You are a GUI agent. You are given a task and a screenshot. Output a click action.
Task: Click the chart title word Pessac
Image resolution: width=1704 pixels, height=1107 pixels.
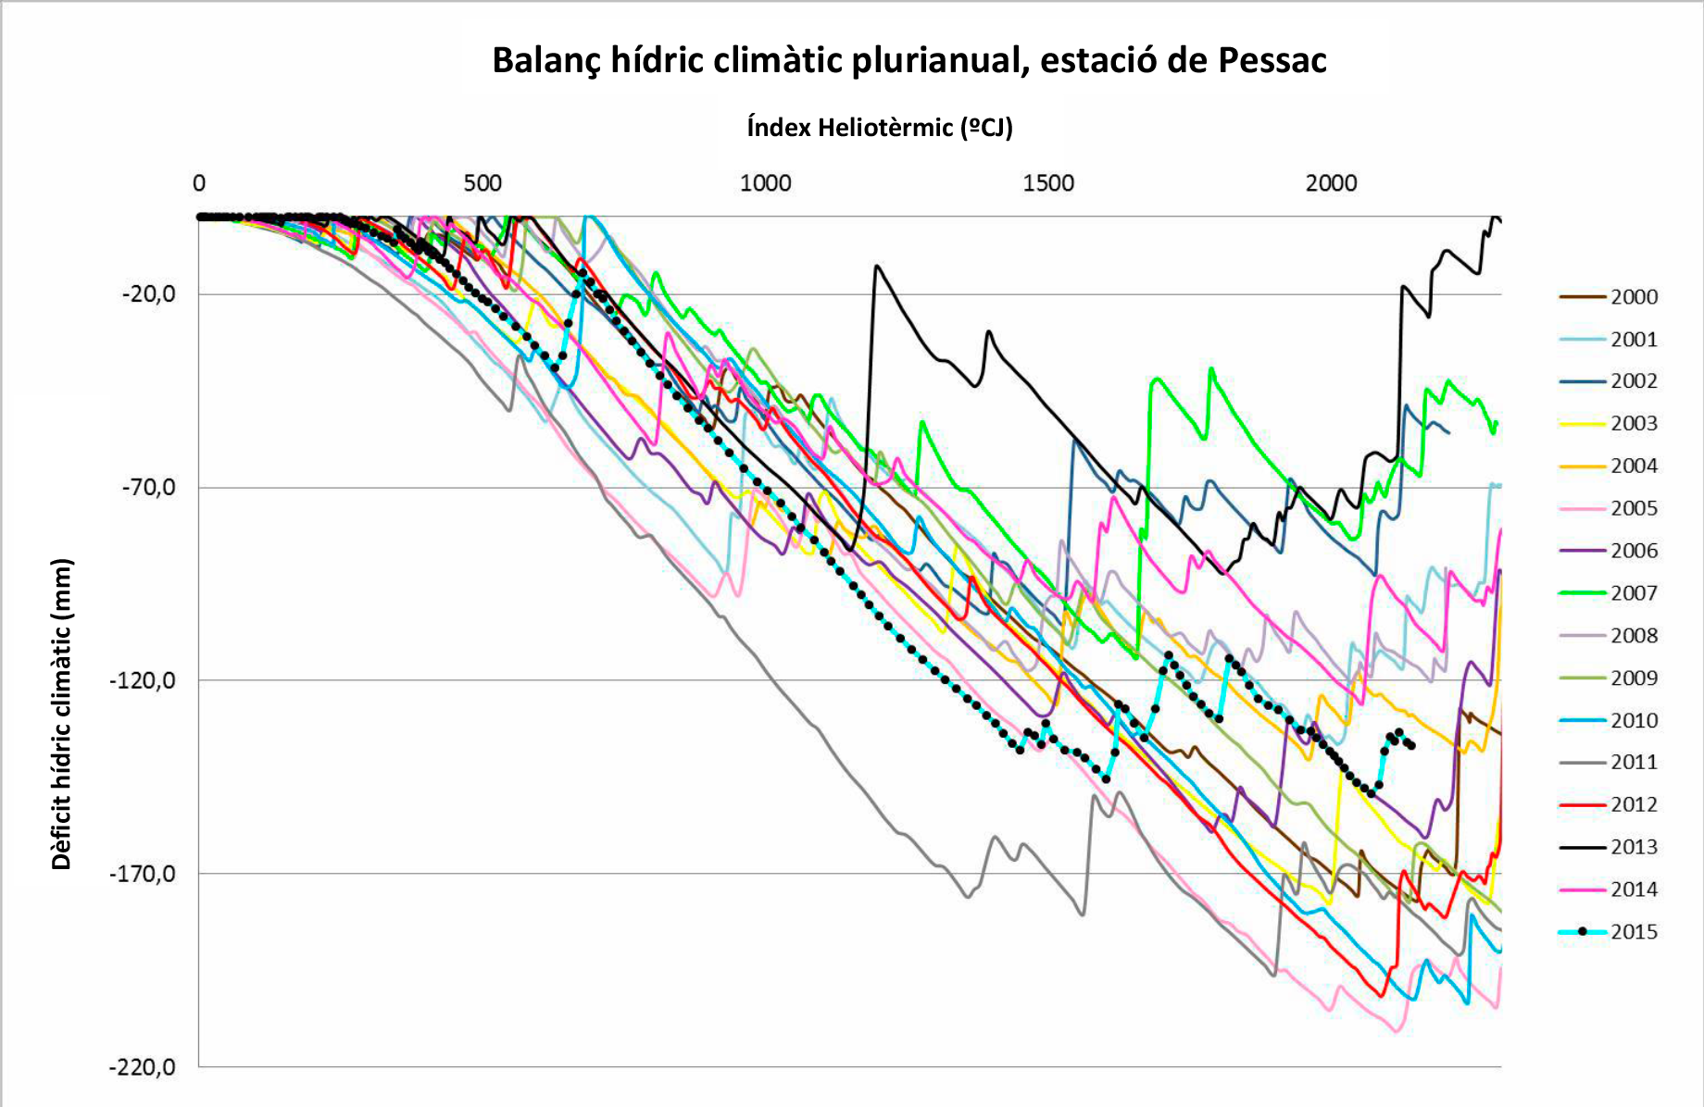coord(1272,61)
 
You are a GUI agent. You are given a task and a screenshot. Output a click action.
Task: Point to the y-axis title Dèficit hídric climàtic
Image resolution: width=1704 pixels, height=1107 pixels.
coord(61,714)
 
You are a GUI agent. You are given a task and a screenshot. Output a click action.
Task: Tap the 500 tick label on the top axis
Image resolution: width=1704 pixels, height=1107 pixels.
coord(482,183)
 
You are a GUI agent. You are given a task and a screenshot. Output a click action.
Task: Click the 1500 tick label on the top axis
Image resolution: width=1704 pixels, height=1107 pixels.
coord(1048,183)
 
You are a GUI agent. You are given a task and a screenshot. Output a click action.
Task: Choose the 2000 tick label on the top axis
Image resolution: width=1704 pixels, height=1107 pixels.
coord(1331,183)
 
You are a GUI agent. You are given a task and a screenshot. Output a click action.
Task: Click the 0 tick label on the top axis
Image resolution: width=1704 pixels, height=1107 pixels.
coord(199,183)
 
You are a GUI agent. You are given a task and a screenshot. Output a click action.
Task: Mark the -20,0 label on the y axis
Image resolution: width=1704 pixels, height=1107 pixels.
coord(148,294)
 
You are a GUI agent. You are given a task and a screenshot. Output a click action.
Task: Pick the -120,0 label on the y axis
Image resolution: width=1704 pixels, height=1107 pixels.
coord(144,681)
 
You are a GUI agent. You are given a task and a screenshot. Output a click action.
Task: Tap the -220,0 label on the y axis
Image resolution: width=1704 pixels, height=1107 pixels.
coord(144,1067)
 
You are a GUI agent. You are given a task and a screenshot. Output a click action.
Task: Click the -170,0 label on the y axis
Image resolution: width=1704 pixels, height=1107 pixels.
coord(144,874)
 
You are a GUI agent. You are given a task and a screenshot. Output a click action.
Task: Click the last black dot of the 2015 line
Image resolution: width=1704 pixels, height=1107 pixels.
coord(1411,746)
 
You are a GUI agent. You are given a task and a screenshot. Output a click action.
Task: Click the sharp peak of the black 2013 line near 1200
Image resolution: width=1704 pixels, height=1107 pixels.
coord(876,267)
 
